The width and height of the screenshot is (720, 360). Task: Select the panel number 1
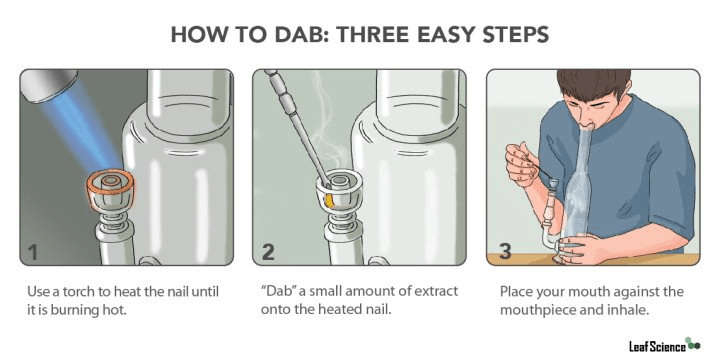click(x=33, y=253)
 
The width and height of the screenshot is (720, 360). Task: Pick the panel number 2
click(x=268, y=253)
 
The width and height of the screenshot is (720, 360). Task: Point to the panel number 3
click(x=505, y=252)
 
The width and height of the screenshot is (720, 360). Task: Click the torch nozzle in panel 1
click(x=46, y=85)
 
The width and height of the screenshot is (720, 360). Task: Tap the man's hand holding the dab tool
click(x=522, y=163)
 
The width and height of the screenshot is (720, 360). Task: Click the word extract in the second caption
click(x=437, y=292)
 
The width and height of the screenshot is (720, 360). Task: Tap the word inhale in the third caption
click(x=630, y=310)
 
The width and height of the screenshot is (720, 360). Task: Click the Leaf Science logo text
click(x=657, y=346)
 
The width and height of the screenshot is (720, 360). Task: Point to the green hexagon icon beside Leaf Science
click(x=692, y=344)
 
